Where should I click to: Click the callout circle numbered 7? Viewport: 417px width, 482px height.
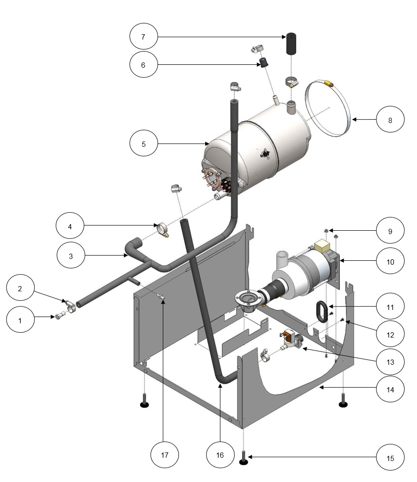(x=143, y=37)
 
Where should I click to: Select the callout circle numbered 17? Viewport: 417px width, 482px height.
(x=164, y=455)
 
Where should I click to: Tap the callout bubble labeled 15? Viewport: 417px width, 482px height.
(x=390, y=457)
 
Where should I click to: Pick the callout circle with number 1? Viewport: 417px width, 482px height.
(x=20, y=320)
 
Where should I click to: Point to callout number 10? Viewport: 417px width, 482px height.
(x=390, y=262)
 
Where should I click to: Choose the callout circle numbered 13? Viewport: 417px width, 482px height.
(x=390, y=362)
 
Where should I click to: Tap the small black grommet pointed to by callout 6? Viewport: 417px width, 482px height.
(x=262, y=62)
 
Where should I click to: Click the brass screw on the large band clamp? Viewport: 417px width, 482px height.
(x=327, y=83)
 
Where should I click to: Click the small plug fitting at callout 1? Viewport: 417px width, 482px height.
(x=60, y=316)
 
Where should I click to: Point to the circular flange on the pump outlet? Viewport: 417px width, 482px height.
(x=247, y=299)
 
